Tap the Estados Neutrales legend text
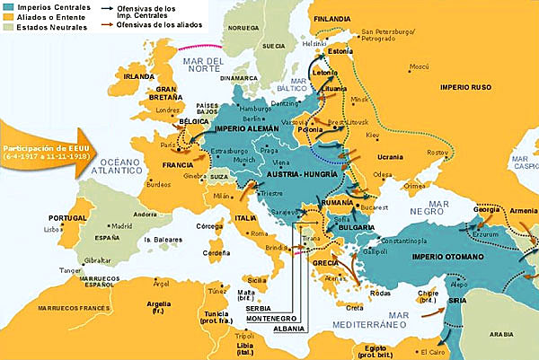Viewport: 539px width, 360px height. pyautogui.click(x=48, y=28)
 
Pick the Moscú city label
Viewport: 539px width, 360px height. pyautogui.click(x=419, y=66)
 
